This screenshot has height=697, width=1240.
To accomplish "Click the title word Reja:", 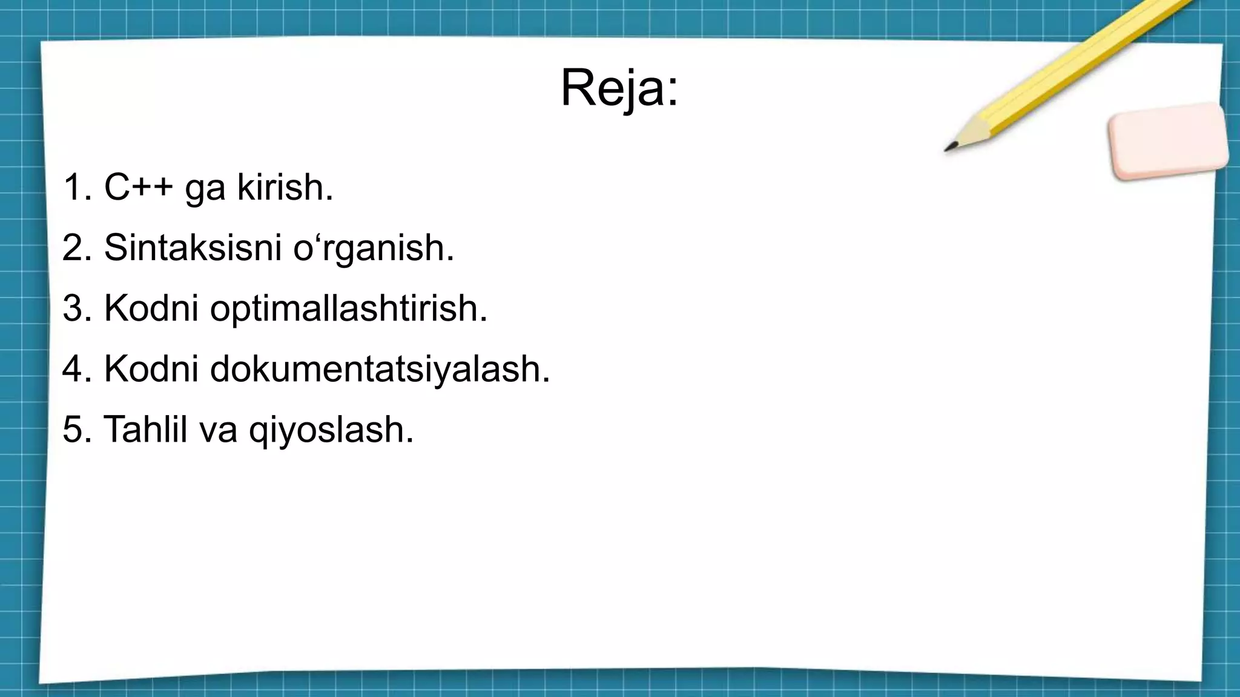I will coord(619,88).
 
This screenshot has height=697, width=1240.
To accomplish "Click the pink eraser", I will coord(1167,142).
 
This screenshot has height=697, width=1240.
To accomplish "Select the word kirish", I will coord(285,187).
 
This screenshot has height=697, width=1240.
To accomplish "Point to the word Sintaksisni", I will coord(193,247).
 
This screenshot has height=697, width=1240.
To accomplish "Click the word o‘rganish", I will coord(373,247).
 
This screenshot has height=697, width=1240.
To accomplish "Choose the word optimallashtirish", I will coord(348,309).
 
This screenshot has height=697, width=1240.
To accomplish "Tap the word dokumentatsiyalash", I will coord(380,369).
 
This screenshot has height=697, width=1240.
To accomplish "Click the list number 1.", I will coord(73,188).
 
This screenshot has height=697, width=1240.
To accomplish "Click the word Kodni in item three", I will coord(151,309).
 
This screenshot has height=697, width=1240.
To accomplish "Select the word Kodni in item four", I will coord(151,369).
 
